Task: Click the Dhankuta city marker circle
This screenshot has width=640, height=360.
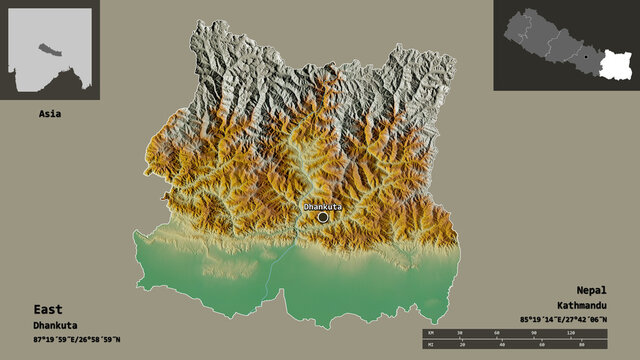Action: click(x=323, y=216)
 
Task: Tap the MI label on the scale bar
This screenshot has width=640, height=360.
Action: click(x=430, y=346)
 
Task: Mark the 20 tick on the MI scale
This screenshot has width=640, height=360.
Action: click(x=464, y=346)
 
